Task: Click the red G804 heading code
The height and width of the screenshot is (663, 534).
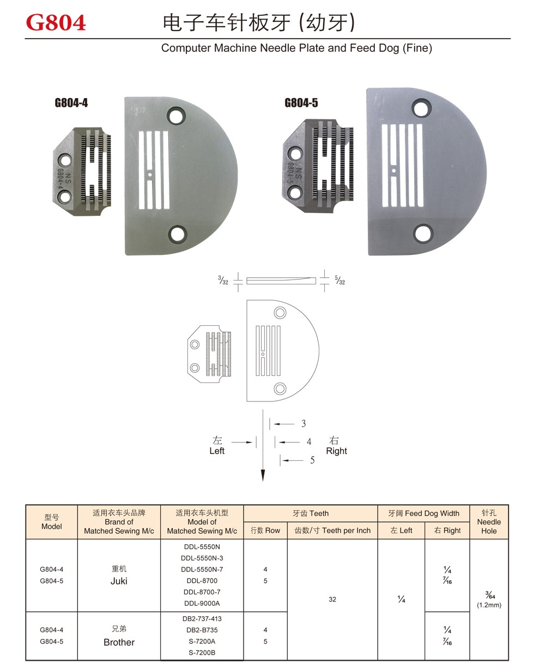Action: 56,22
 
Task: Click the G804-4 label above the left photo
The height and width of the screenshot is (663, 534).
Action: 71,102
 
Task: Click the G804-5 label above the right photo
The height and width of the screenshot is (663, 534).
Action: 301,102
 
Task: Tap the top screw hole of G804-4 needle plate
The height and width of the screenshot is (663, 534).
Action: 176,116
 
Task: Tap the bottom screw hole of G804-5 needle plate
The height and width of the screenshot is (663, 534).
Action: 423,234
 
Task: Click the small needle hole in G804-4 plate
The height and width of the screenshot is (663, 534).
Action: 149,175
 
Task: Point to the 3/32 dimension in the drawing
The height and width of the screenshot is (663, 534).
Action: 223,281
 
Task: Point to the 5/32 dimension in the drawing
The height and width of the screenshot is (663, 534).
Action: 340,281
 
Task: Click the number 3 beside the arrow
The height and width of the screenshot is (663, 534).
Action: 304,423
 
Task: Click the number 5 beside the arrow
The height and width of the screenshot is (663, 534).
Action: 312,460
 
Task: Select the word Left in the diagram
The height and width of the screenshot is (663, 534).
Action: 217,451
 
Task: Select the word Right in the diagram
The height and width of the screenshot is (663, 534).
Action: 336,451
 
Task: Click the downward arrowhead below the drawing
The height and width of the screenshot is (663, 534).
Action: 263,476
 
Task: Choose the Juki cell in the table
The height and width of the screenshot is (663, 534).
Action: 119,581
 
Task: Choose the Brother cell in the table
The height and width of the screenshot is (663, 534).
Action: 119,642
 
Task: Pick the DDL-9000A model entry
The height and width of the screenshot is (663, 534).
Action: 202,603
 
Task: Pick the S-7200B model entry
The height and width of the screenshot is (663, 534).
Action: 202,653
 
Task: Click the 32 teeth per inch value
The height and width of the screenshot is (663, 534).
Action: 332,599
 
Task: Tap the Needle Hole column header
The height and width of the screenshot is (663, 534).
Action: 489,522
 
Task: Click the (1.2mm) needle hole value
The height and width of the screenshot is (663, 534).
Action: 489,605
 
